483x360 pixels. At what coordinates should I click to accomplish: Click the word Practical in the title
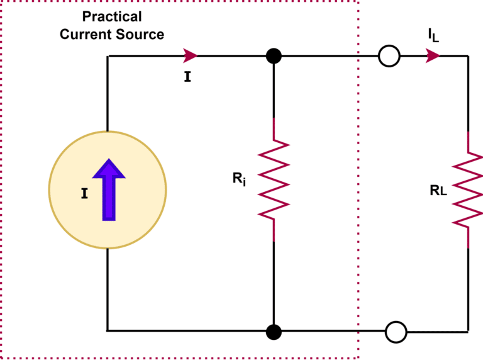tap(112, 16)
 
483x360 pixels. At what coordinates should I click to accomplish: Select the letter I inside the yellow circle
tap(84, 194)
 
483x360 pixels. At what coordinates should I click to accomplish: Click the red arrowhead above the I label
tap(190, 55)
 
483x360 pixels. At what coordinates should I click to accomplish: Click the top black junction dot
tap(274, 56)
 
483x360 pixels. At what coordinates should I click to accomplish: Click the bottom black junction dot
tap(274, 330)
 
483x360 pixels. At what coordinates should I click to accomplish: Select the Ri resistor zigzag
tap(274, 179)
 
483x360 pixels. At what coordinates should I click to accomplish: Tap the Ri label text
tap(240, 179)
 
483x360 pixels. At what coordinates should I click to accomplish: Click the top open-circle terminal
tap(389, 57)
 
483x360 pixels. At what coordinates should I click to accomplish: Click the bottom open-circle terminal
tap(396, 332)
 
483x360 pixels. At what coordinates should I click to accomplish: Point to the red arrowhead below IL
tap(432, 56)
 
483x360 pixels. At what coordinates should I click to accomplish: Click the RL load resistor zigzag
tap(468, 189)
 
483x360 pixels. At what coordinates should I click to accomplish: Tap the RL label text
tap(438, 191)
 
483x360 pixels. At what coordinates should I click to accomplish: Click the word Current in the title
tap(85, 34)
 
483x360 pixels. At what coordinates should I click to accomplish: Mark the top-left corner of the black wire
tap(108, 56)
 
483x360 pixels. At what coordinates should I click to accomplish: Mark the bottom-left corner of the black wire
tap(108, 330)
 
